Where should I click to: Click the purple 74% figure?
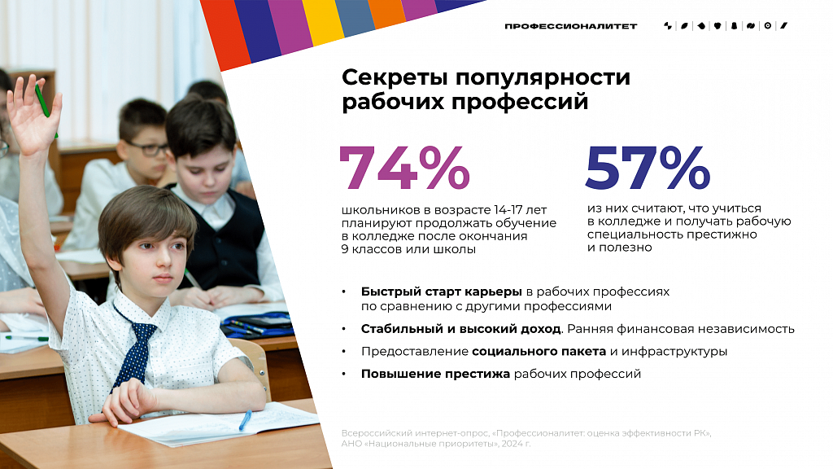click(405, 168)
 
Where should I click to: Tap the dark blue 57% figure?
click(648, 168)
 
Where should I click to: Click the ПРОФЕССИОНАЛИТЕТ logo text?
click(570, 26)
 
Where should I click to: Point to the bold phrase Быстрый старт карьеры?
click(442, 292)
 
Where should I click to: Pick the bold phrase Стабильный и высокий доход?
click(460, 329)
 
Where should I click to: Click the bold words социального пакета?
click(539, 352)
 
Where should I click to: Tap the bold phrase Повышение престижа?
click(436, 374)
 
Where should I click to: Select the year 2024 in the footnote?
click(512, 444)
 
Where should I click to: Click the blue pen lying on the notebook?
click(245, 420)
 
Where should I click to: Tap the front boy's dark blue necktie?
click(134, 345)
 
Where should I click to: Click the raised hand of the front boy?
click(33, 114)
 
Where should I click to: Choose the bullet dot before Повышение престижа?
click(344, 375)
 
